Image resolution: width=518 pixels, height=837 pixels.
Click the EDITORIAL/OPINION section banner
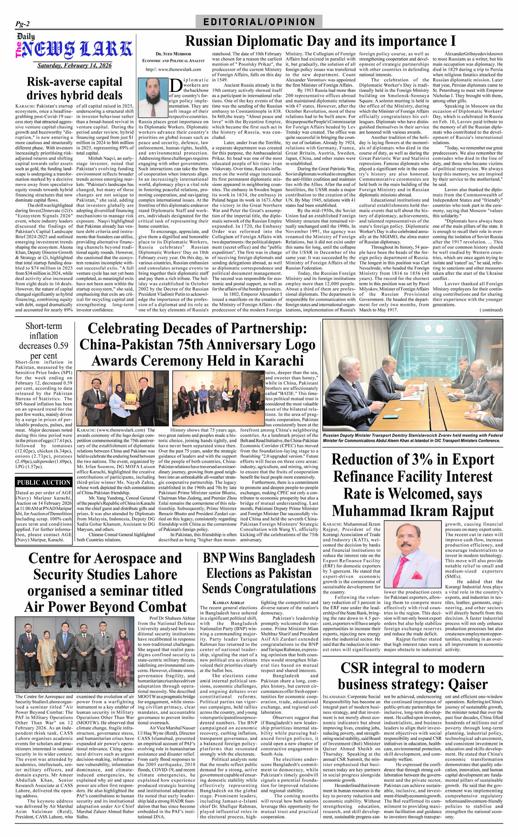point(259,21)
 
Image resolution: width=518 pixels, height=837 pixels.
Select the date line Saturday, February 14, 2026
point(74,66)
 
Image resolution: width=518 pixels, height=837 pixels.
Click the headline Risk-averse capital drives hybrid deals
point(74,89)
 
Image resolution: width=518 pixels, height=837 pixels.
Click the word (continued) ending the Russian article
point(491,310)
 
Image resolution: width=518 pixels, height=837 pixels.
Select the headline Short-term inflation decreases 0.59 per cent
point(44,341)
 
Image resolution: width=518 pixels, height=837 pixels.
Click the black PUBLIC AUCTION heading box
point(44,482)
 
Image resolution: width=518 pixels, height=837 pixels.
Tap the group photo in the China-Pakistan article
point(218,398)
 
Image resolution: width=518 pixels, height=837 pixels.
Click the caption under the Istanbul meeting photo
point(413,438)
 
